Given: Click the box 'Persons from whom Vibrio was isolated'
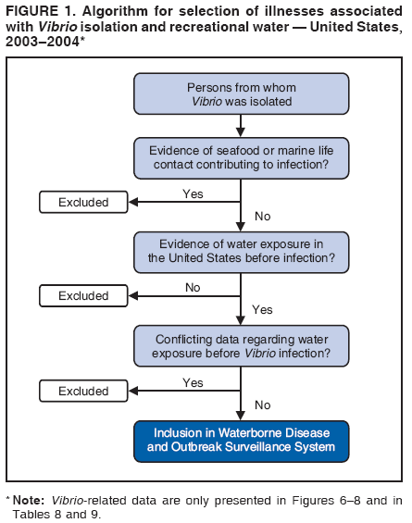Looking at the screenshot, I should pos(241,92).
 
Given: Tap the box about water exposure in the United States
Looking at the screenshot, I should pos(241,249).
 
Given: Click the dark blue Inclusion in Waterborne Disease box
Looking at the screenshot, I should pos(241,440).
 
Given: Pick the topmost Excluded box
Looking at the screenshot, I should pos(83,202).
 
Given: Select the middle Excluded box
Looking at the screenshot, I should pos(83,296).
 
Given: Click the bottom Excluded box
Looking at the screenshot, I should pos(83,392).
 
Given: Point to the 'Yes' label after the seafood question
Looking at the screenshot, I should pos(193,193).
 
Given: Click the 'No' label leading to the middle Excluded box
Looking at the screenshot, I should pos(193,288).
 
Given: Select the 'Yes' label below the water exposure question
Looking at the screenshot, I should pos(263,310).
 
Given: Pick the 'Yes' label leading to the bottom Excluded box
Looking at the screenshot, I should pos(193,382).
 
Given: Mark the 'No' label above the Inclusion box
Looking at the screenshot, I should pos(262,405).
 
